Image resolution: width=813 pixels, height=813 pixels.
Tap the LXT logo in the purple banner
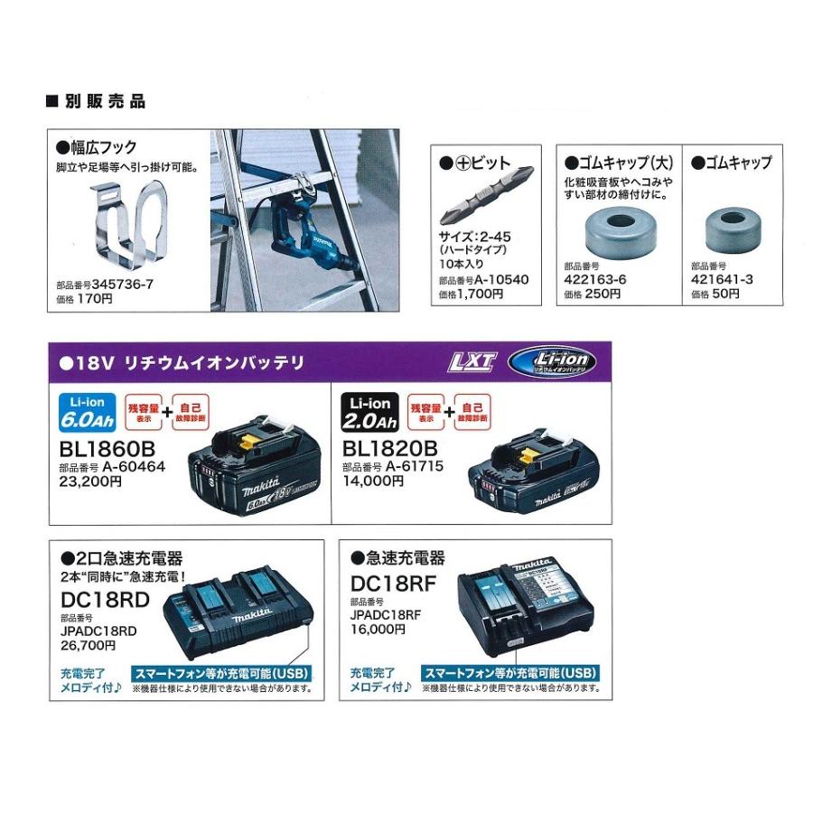[472, 363]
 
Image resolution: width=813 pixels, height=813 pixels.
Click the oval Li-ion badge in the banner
[552, 362]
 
